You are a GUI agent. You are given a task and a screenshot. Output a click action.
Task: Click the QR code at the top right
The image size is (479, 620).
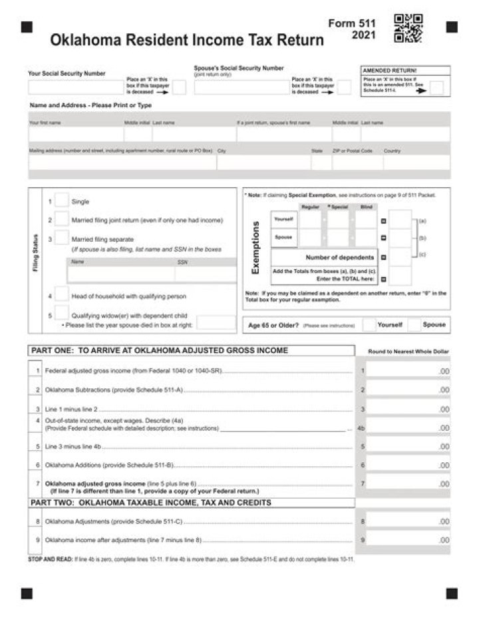point(408,28)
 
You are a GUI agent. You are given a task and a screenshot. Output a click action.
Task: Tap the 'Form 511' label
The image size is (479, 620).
point(352,23)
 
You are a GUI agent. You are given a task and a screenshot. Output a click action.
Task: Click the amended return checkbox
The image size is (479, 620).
point(436,89)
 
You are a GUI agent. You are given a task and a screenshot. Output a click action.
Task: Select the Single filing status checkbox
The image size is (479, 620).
point(61,200)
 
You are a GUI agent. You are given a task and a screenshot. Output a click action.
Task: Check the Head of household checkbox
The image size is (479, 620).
point(61,295)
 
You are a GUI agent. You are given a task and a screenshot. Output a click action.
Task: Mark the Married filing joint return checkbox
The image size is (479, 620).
point(61,219)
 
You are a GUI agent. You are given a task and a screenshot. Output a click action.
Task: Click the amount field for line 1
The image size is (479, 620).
point(407,370)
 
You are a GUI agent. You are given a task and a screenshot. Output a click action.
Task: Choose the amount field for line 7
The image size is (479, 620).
point(407,483)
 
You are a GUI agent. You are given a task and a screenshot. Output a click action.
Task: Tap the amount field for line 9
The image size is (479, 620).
point(407,539)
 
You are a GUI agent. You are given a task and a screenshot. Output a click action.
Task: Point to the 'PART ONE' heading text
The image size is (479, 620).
point(159,350)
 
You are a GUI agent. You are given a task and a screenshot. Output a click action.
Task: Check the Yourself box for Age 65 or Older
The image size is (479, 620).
point(369,325)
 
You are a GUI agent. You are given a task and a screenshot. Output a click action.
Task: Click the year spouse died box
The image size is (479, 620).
point(216,323)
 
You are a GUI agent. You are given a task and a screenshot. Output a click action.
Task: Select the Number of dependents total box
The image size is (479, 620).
point(400,257)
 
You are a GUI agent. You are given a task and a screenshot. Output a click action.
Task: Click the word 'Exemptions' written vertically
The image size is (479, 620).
point(255,248)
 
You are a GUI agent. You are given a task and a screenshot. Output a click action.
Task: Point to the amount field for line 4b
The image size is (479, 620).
point(407,428)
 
